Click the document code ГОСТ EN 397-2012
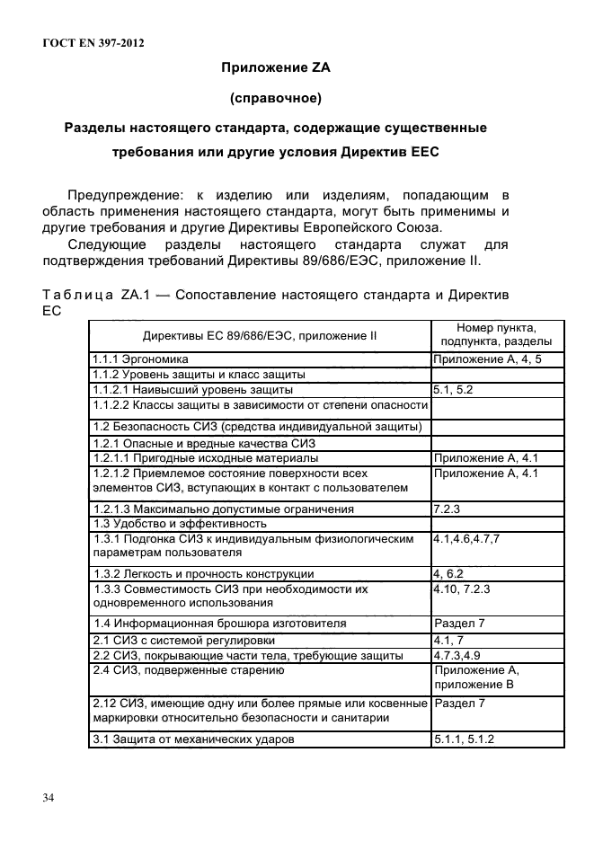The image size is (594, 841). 93,42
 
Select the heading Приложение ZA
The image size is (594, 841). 276,66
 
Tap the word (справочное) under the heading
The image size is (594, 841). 276,97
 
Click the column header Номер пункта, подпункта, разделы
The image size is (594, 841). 496,335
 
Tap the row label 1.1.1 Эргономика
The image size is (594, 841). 138,359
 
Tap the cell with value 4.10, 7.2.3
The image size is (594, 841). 464,589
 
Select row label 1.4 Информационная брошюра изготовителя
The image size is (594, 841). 220,623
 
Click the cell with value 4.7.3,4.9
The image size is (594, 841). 464,655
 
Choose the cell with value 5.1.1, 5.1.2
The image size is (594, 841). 465,739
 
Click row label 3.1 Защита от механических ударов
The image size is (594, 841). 193,739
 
